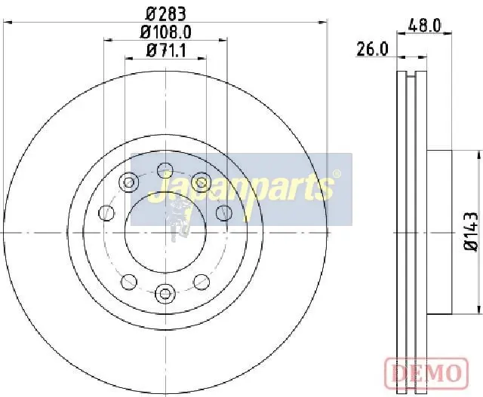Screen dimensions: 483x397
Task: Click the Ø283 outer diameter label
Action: coord(166,14)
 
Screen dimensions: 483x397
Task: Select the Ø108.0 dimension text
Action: coord(166,32)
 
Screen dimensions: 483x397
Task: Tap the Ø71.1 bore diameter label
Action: coord(166,50)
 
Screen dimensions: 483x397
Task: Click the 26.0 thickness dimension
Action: coord(372,49)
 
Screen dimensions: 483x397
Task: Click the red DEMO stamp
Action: coord(427,373)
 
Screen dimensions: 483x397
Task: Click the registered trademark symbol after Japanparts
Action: coord(337,174)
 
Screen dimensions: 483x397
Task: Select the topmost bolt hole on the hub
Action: coord(165,170)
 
